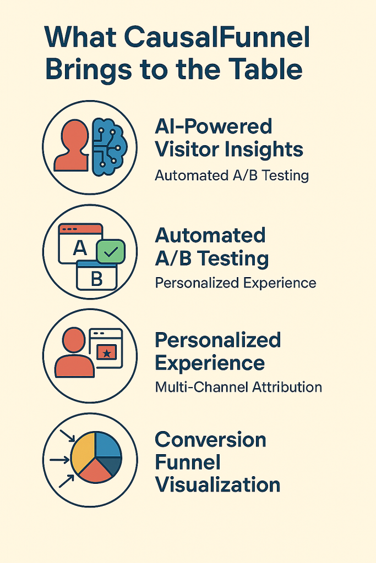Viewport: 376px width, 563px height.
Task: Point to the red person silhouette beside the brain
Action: coord(71,145)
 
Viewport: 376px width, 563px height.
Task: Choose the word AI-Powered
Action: coord(214,127)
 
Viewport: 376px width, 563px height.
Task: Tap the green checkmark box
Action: coord(111,251)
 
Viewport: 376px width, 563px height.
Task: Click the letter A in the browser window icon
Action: coord(80,247)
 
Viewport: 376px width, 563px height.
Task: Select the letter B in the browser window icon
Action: coord(97,279)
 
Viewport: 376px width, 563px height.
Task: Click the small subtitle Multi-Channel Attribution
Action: coord(238,387)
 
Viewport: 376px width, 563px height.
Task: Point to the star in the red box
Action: coord(107,354)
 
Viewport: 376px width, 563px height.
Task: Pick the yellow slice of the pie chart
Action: coord(83,452)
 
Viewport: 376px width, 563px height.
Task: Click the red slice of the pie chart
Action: coord(96,471)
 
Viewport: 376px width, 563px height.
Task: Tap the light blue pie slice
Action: coord(107,444)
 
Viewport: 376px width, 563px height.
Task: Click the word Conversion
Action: coord(211,439)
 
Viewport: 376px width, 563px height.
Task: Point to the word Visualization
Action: coord(217,485)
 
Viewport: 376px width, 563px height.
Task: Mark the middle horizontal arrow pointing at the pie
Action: coord(59,460)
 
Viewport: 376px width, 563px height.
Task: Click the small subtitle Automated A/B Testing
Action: coord(232,175)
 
